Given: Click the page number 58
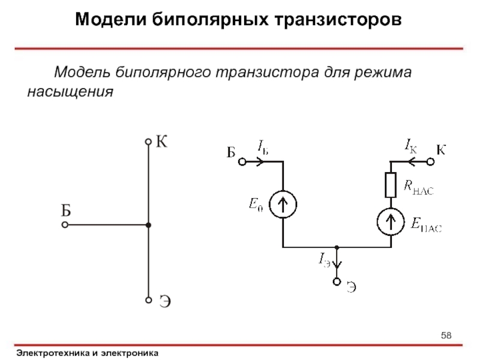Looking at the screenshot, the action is [446, 335].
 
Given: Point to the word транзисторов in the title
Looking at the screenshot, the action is [338, 19].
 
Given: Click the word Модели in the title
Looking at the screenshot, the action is [111, 19].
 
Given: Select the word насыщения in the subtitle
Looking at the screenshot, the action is [70, 92].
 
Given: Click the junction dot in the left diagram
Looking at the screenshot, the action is [148, 225].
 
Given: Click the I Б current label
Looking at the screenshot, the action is [263, 147].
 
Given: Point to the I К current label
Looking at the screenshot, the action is [410, 146].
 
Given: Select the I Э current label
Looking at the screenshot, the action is [324, 260].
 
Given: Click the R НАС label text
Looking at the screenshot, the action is [418, 187].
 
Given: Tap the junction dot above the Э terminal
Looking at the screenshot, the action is [337, 247].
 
